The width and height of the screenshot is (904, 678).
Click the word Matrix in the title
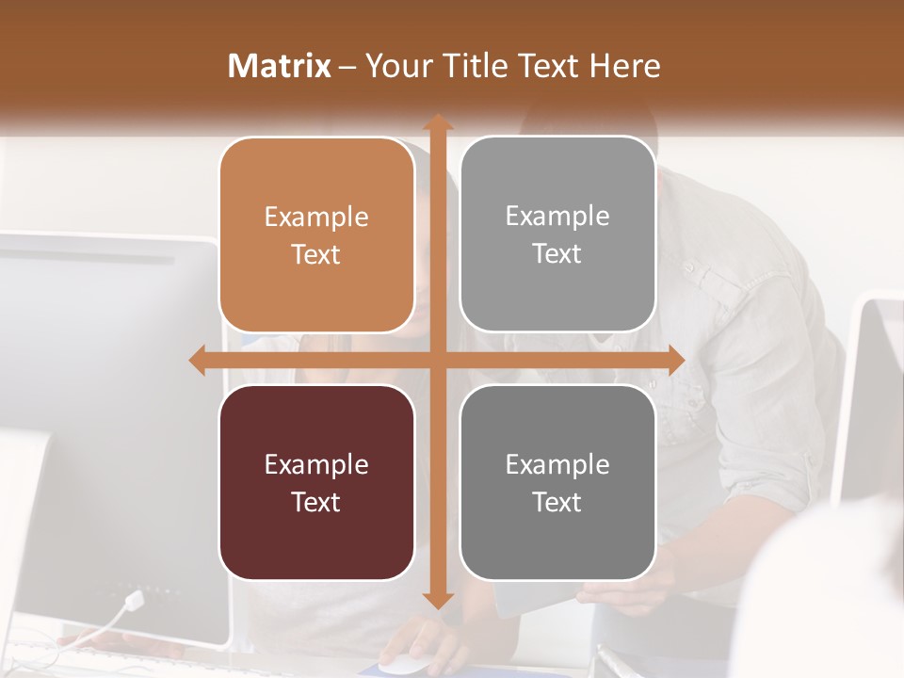point(280,66)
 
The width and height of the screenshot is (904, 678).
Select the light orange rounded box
point(316,235)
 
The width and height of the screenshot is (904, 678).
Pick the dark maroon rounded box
point(316,482)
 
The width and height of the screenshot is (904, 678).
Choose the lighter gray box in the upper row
point(557,234)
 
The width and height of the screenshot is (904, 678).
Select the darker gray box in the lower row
point(557,482)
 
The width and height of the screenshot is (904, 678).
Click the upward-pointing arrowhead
point(437,122)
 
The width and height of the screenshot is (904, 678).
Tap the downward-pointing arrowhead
point(437,600)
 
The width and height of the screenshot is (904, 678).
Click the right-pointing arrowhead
point(676,360)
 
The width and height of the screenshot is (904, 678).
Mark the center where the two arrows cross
point(437,360)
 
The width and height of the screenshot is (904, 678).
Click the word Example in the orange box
point(316,218)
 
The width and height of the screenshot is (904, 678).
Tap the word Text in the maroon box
point(316,502)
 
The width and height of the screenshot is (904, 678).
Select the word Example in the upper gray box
point(557,217)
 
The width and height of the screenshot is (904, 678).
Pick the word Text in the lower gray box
point(557,502)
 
